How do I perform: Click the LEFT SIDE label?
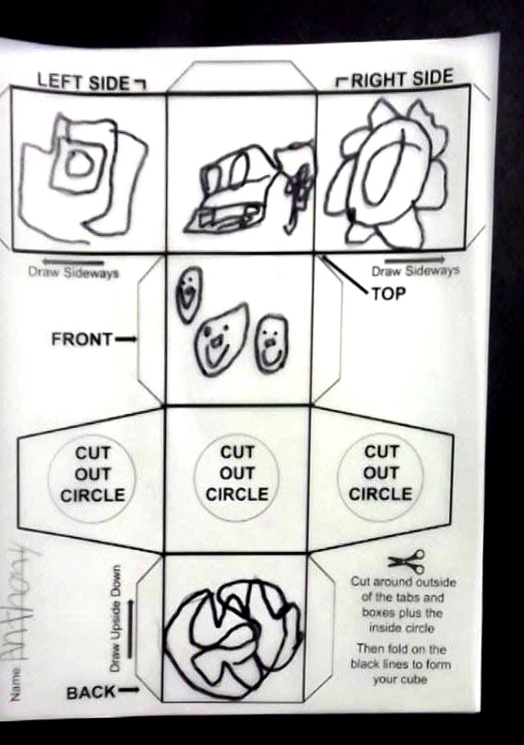pos(83,82)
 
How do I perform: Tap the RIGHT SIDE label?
pos(402,79)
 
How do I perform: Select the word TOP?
pos(389,293)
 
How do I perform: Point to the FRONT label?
pos(81,340)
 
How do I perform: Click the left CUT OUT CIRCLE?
pos(92,473)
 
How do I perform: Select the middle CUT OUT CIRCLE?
pos(237,473)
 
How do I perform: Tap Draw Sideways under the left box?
pos(73,273)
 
